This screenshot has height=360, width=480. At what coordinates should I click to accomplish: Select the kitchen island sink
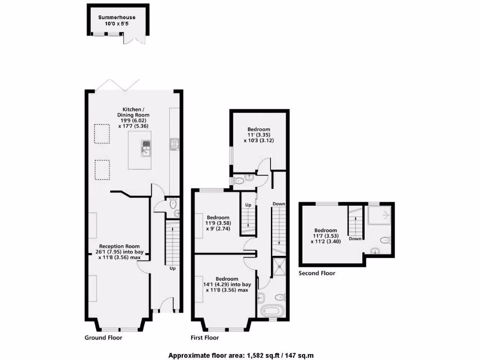tap(146, 148)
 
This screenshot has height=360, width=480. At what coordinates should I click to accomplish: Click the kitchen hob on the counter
tap(173, 144)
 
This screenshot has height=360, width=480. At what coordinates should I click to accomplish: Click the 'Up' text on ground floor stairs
tap(172, 269)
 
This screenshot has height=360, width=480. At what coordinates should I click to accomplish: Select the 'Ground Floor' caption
tap(103, 337)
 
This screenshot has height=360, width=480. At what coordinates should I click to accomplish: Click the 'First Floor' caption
tap(204, 337)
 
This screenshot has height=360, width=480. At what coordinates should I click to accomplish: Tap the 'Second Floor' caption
tap(317, 273)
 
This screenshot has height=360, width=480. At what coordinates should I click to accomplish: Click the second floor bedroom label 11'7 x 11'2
tap(325, 236)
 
